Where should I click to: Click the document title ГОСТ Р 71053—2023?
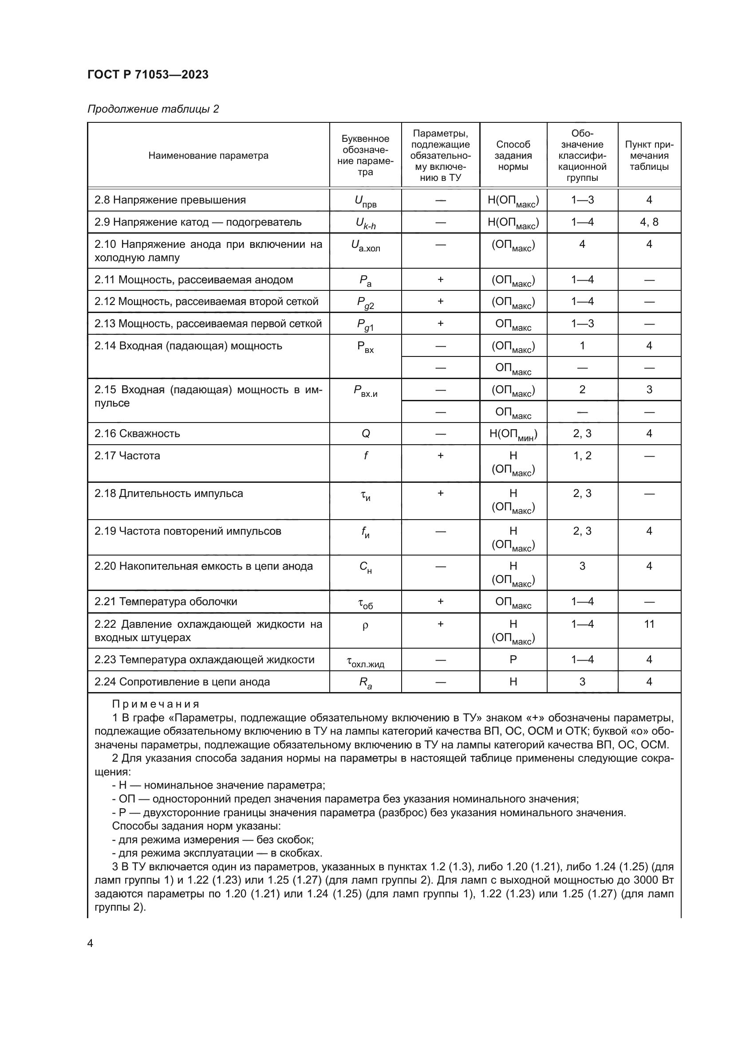(148, 74)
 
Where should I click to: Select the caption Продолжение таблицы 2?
(153, 109)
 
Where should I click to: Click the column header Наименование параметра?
(209, 155)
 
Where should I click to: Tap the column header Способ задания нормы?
(513, 155)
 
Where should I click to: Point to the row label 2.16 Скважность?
(137, 434)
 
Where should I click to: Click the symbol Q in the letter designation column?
(366, 434)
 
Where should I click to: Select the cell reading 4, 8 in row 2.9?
(649, 222)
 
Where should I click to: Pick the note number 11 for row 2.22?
(649, 624)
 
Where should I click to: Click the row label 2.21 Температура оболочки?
(166, 602)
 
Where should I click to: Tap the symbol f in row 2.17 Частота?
(366, 456)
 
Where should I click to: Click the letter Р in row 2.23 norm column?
(513, 660)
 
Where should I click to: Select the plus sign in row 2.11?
(440, 280)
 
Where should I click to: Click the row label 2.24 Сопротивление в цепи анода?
(182, 682)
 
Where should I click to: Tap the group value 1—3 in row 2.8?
(582, 200)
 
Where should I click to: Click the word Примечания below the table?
(155, 704)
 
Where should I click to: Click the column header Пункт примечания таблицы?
(649, 155)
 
